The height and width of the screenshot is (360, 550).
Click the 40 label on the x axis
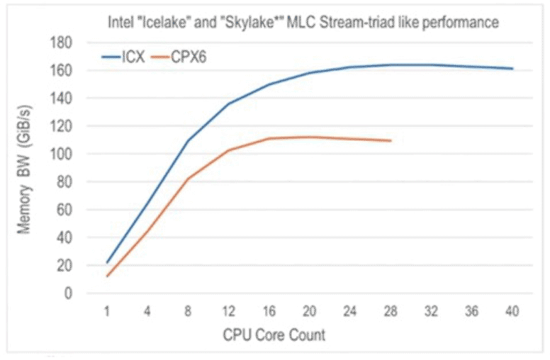point(512,311)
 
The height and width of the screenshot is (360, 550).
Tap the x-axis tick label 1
point(107,311)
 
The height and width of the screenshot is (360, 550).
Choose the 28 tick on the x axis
point(391,311)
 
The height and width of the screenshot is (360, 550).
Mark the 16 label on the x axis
point(269,311)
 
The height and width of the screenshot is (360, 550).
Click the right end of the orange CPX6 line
point(391,140)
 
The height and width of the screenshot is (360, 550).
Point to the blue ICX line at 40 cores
point(512,69)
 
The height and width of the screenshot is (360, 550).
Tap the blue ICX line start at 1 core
point(107,262)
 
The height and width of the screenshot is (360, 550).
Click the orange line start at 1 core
point(107,276)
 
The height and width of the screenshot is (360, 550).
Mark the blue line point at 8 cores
point(189,140)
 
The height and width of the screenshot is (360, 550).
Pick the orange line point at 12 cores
point(229,150)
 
